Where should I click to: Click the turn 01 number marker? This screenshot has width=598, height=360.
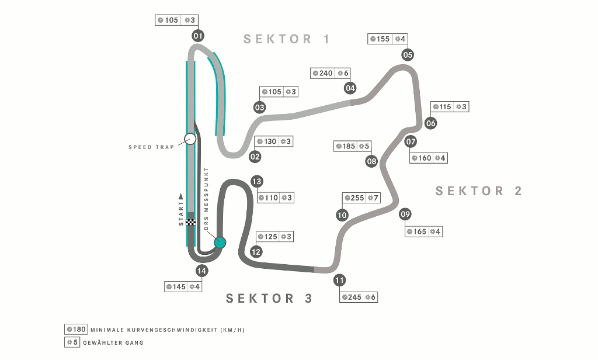[x=198, y=36]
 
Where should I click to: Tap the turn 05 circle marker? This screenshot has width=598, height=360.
[x=408, y=54]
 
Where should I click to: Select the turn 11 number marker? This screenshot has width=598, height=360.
[x=339, y=280]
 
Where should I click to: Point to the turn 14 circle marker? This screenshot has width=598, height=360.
[x=201, y=271]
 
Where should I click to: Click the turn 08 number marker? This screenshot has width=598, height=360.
[x=371, y=161]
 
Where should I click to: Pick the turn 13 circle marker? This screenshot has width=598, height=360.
[x=257, y=181]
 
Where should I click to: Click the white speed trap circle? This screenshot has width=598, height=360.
[x=190, y=139]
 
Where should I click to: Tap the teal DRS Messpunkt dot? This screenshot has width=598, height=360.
[x=220, y=243]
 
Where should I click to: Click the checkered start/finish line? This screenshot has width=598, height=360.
[x=191, y=222]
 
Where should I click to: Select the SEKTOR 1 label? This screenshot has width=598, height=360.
[x=287, y=39]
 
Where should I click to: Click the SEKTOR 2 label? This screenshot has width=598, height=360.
[x=479, y=191]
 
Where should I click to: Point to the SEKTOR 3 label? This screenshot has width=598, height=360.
[x=269, y=298]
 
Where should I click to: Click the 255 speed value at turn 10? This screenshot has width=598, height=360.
[x=357, y=198]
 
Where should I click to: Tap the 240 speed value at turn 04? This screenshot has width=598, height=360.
[x=326, y=73]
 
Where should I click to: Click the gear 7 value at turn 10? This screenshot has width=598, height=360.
[x=376, y=198]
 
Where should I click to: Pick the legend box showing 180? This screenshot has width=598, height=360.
[x=76, y=330]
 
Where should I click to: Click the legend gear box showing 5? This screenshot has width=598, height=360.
[x=72, y=342]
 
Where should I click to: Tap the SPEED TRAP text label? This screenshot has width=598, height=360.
[x=151, y=147]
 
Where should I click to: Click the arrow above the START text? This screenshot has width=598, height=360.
[x=181, y=196]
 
